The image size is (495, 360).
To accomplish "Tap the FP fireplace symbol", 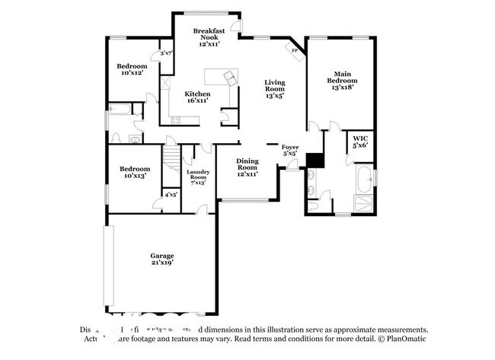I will (294, 50).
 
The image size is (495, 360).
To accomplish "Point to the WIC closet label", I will (359, 142).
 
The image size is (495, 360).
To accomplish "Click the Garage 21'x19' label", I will (161, 259).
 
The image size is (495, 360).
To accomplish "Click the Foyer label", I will (289, 149).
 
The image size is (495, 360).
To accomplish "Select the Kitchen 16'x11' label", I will (198, 97).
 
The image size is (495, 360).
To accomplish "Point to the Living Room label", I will (274, 90).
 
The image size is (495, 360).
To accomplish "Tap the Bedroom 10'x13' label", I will (133, 172).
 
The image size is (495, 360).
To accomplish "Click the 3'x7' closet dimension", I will (166, 53).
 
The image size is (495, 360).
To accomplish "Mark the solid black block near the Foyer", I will (315, 160).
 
